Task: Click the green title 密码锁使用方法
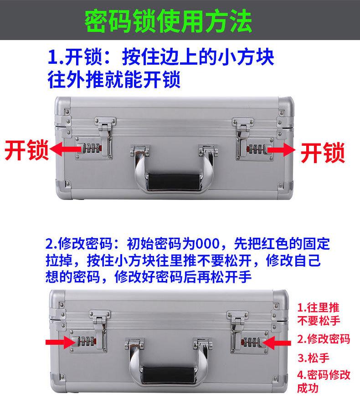(168, 21)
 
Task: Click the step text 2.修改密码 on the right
(323, 338)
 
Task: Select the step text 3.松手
(314, 357)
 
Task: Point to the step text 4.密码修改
(324, 374)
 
